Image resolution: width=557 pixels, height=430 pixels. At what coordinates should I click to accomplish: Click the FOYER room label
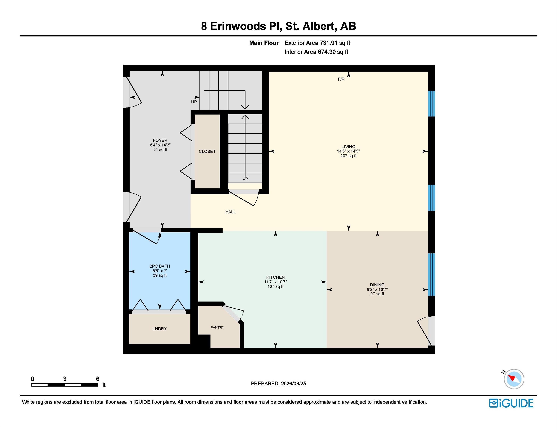[160, 140]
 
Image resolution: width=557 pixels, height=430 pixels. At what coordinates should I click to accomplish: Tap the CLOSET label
[207, 152]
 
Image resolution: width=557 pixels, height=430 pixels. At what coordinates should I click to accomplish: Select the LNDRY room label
[159, 329]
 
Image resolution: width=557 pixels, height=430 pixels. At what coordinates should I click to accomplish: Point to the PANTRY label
[217, 327]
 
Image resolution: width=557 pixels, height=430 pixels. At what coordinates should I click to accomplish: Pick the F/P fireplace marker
[341, 79]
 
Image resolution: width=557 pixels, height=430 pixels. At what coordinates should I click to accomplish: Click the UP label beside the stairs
[194, 102]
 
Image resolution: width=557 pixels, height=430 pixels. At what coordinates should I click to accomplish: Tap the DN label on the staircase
[245, 178]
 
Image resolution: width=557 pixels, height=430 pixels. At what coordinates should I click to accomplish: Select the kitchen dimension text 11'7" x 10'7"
[275, 282]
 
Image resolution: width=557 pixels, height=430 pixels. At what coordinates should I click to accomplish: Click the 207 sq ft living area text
[348, 156]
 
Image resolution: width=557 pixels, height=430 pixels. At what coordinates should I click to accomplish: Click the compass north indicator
[503, 372]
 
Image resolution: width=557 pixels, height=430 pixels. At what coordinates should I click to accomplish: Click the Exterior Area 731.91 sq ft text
[317, 43]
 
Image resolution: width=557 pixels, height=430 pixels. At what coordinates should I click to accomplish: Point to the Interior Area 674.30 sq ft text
[316, 52]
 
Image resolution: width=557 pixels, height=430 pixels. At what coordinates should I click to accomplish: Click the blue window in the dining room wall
[431, 274]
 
